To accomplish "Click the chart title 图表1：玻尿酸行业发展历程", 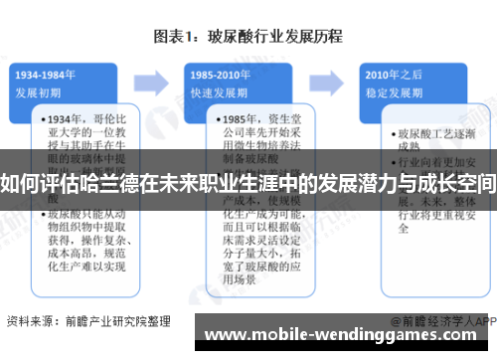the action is coord(248,37).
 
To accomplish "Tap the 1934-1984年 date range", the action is coord(47,74).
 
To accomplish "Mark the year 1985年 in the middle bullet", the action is coord(228,117).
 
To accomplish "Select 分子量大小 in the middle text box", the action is coord(239,253).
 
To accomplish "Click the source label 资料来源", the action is coord(30,322).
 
